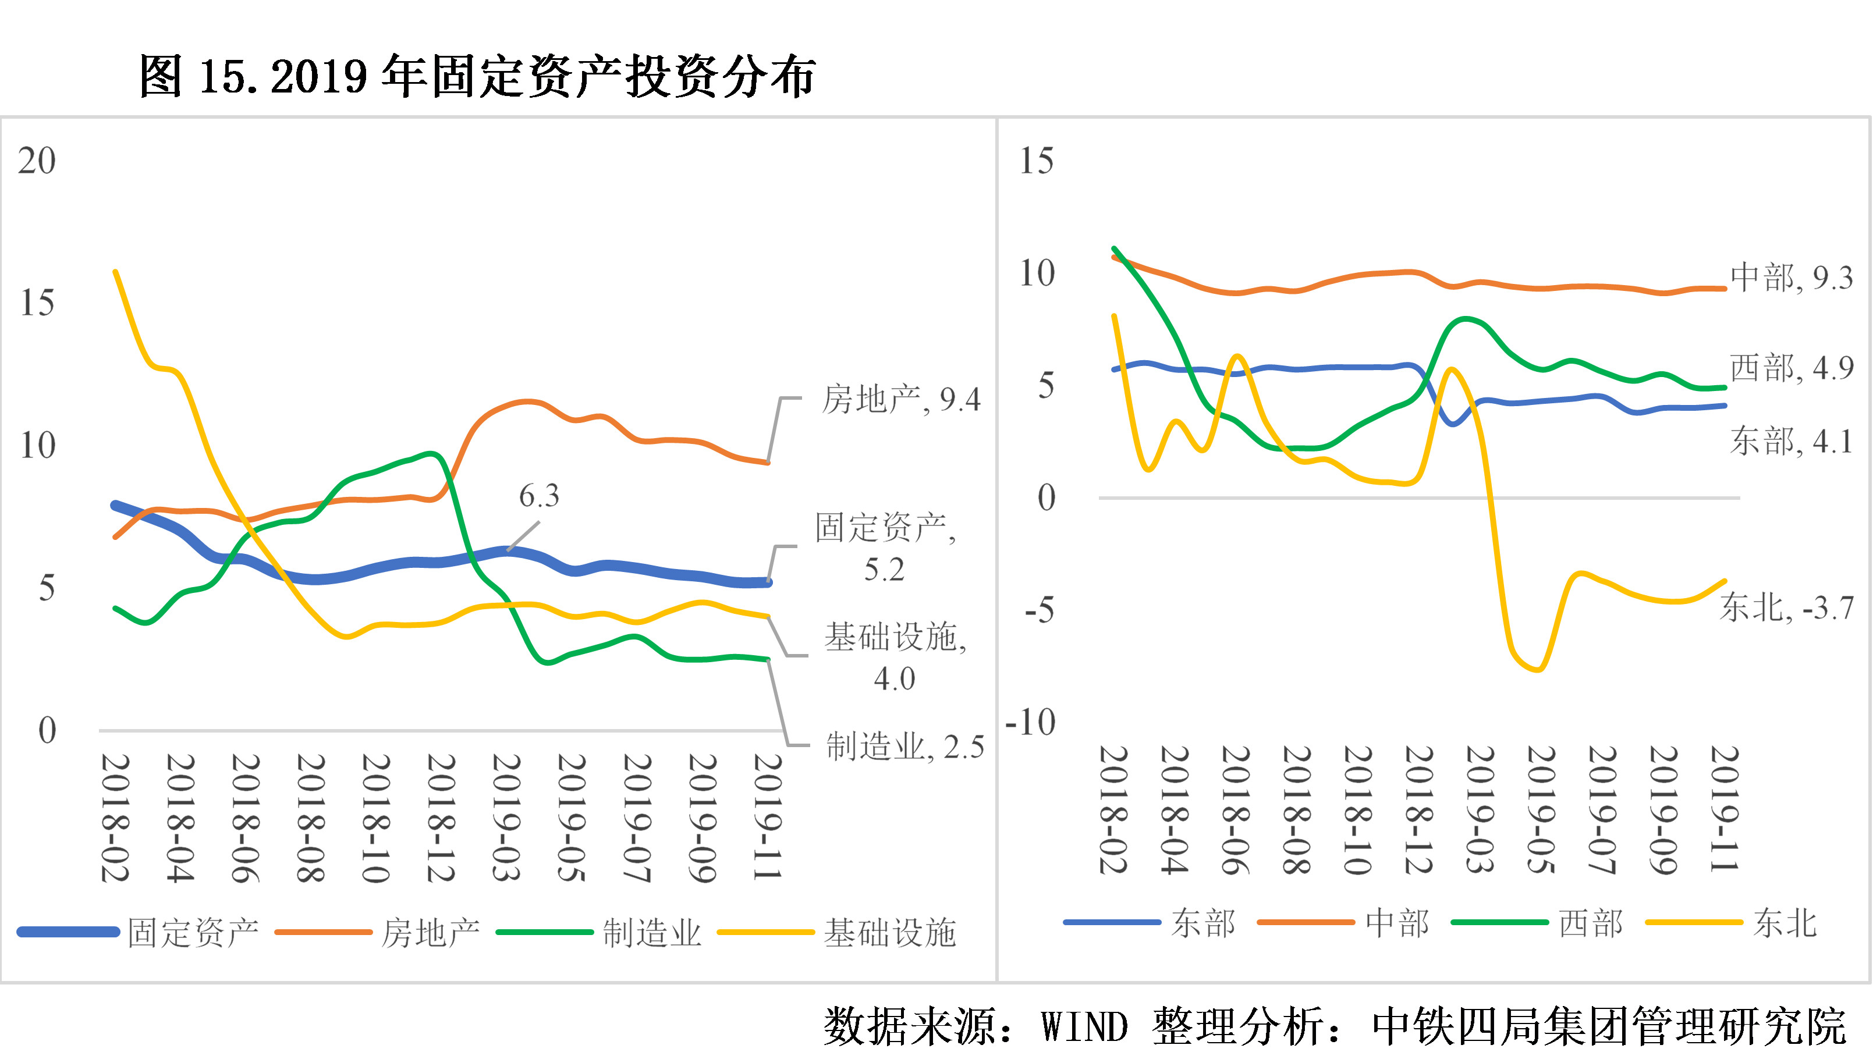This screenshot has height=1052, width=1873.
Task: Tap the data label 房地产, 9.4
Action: (x=901, y=399)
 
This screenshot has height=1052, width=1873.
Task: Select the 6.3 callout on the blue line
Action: (x=539, y=496)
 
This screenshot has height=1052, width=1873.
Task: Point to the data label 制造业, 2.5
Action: (x=904, y=747)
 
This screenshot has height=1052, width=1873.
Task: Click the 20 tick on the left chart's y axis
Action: (x=36, y=161)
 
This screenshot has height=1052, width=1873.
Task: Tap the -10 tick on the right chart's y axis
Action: (x=1030, y=723)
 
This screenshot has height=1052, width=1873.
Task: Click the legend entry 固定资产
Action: (x=193, y=933)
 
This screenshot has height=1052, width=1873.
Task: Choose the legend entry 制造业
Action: (x=651, y=933)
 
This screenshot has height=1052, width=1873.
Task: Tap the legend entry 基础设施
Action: (x=889, y=933)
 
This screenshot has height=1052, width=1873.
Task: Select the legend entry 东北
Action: (x=1785, y=923)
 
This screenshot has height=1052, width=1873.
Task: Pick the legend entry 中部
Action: (x=1397, y=923)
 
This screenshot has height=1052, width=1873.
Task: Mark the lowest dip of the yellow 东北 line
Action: (x=1538, y=670)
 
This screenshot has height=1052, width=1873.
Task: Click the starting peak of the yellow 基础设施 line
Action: (x=116, y=272)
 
